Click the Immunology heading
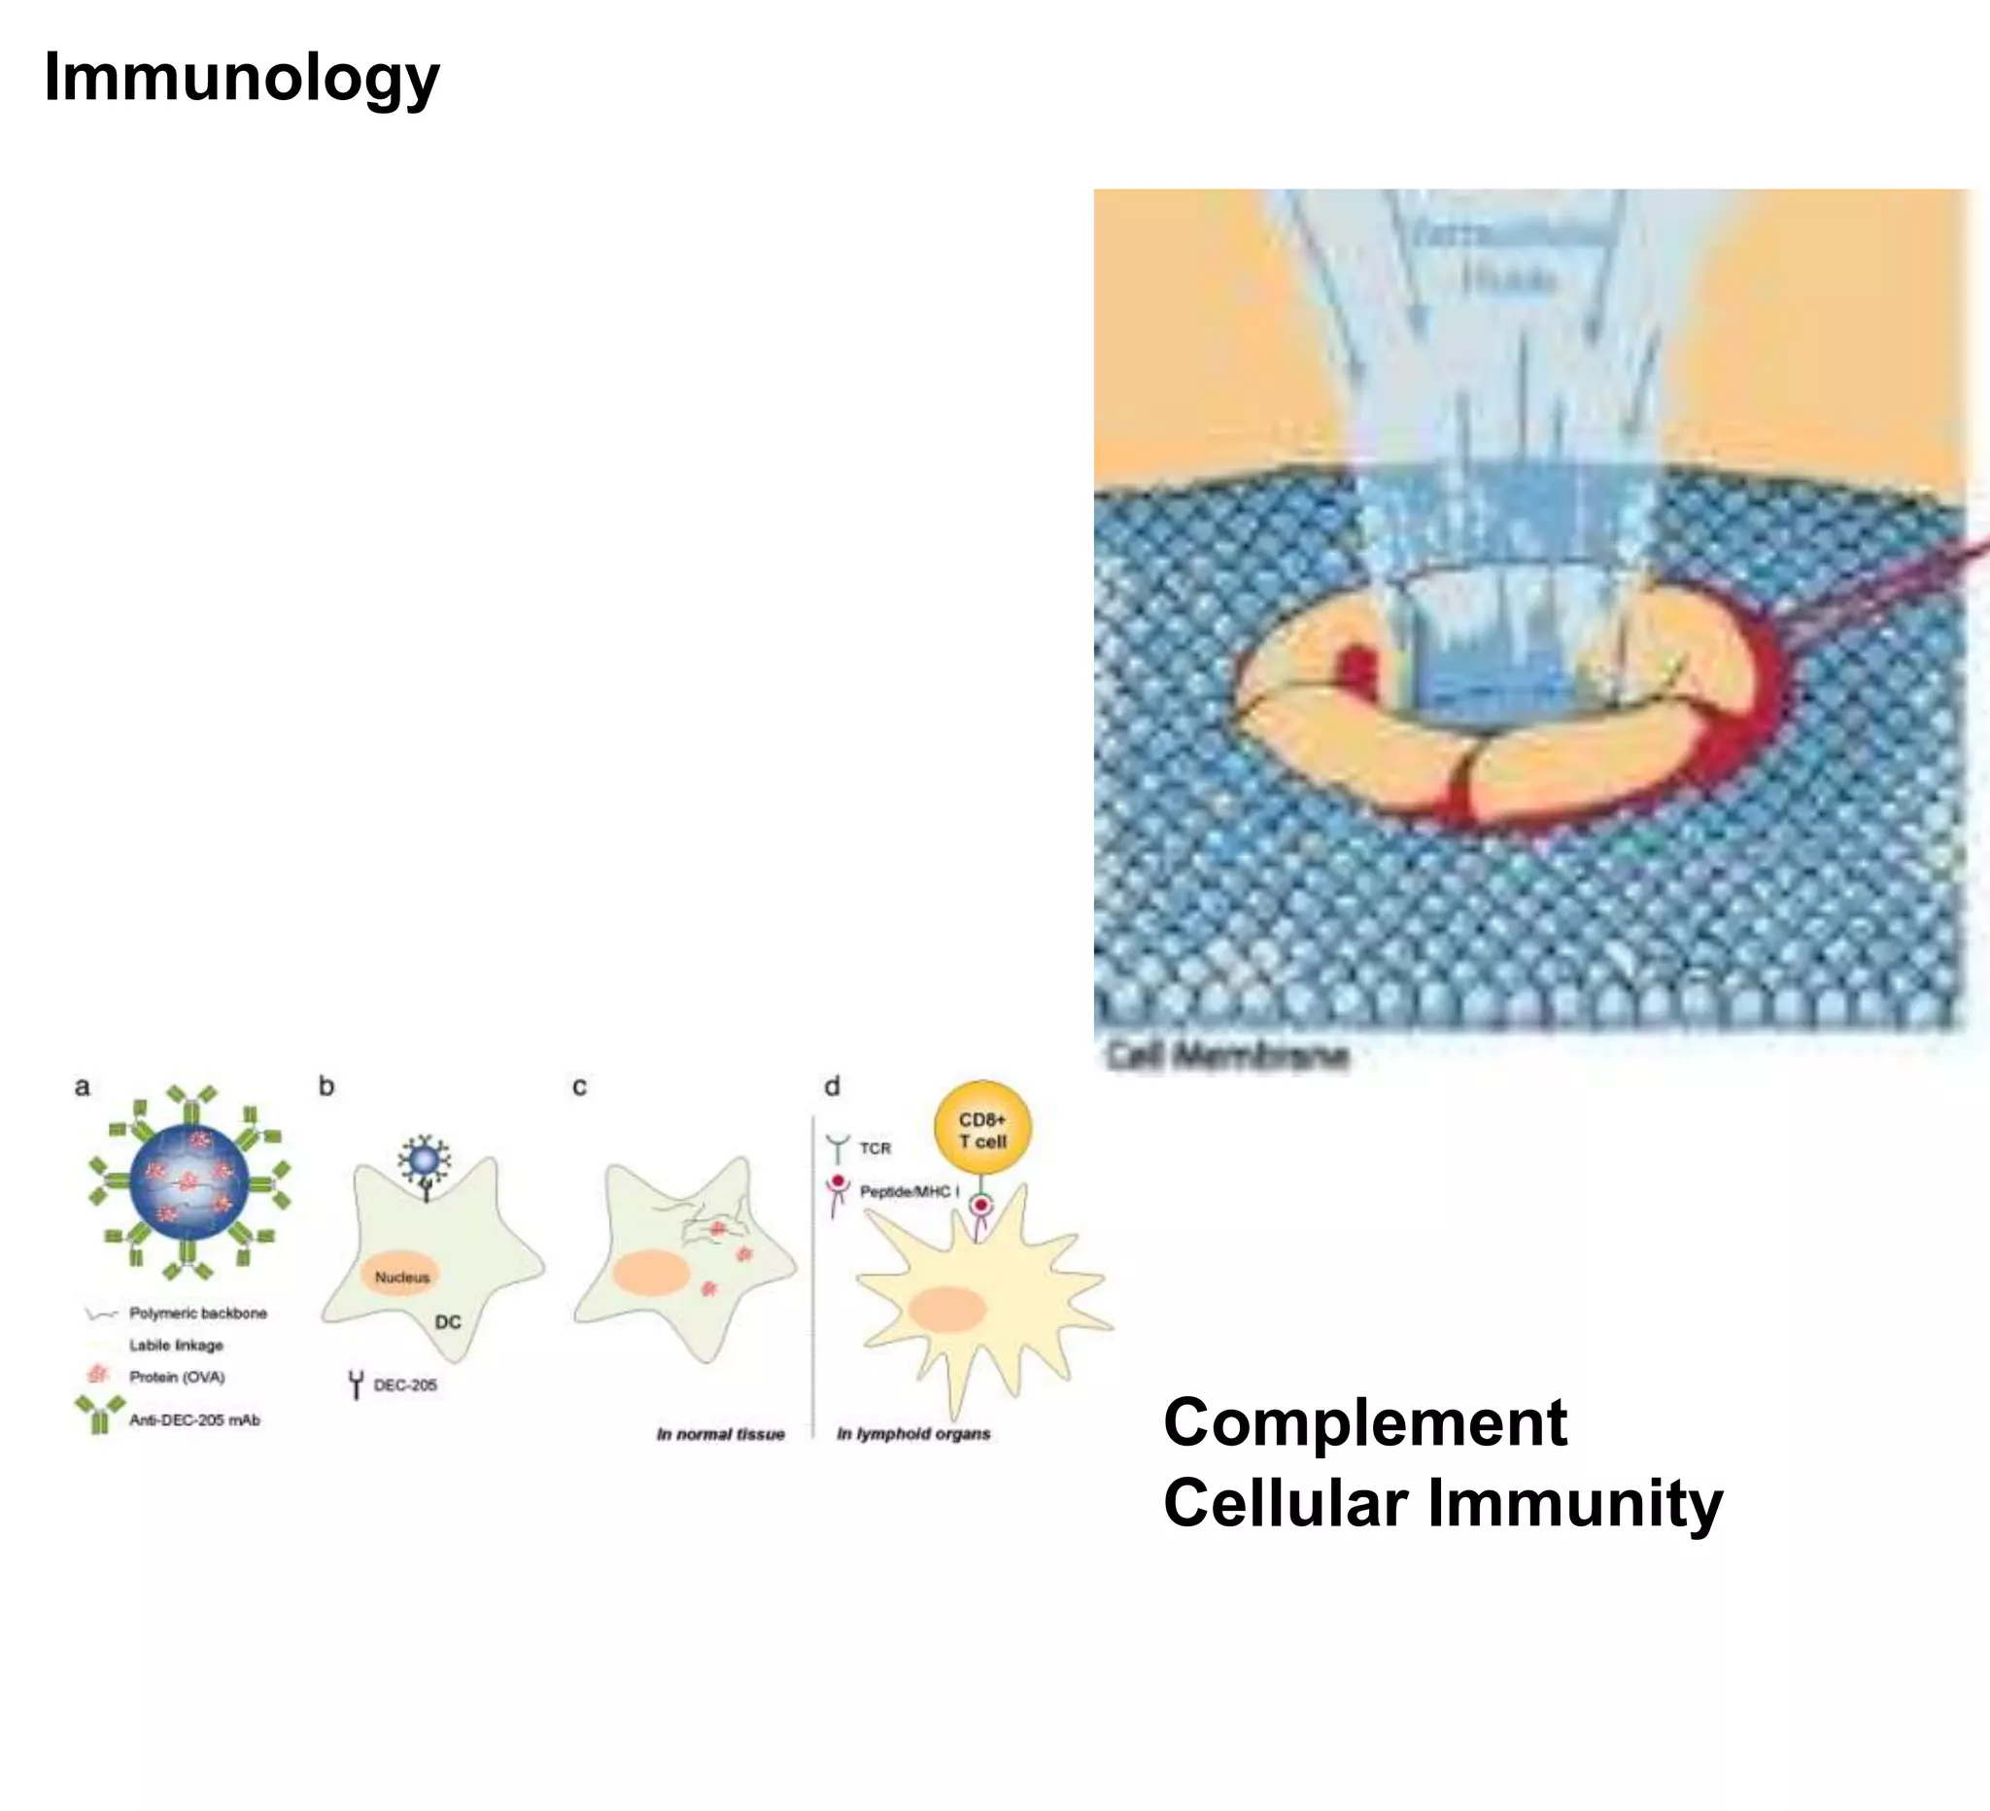242,78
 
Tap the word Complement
1365,1422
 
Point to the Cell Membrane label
1226,1055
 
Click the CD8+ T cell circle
982,1129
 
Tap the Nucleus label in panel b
401,1277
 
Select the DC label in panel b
448,1321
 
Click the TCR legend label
875,1148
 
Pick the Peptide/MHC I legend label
909,1191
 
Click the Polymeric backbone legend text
198,1314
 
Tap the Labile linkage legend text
177,1346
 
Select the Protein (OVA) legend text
178,1377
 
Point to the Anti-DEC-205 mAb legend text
194,1420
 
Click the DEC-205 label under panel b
405,1385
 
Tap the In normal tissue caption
721,1434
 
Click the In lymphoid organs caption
913,1434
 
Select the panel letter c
579,1086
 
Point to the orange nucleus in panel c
650,1273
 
